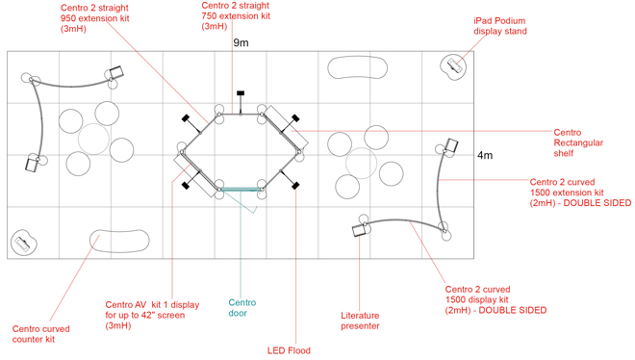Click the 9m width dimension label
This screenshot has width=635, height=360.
240,43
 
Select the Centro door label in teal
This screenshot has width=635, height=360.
242,307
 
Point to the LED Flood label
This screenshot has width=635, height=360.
289,350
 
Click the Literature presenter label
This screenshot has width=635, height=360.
361,321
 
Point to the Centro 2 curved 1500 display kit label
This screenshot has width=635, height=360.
495,299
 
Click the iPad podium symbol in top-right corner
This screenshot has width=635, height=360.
453,67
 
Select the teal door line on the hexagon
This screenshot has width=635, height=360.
240,189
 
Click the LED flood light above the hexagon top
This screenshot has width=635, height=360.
240,93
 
